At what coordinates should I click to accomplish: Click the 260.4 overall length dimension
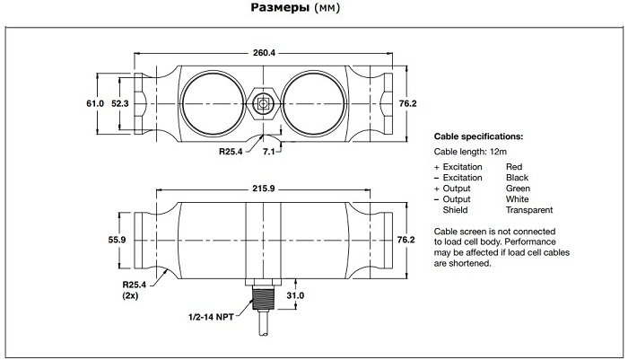click(264, 53)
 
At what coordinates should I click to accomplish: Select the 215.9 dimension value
click(263, 189)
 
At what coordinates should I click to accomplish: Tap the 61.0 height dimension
click(95, 103)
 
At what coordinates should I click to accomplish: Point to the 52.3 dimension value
click(119, 103)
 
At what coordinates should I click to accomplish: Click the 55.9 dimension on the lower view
click(117, 240)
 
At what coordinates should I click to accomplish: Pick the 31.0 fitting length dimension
click(295, 295)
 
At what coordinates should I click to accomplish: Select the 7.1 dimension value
click(269, 152)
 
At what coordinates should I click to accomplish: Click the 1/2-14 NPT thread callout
click(211, 317)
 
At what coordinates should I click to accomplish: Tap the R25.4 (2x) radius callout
click(135, 290)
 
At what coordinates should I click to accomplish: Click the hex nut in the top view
click(263, 103)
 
